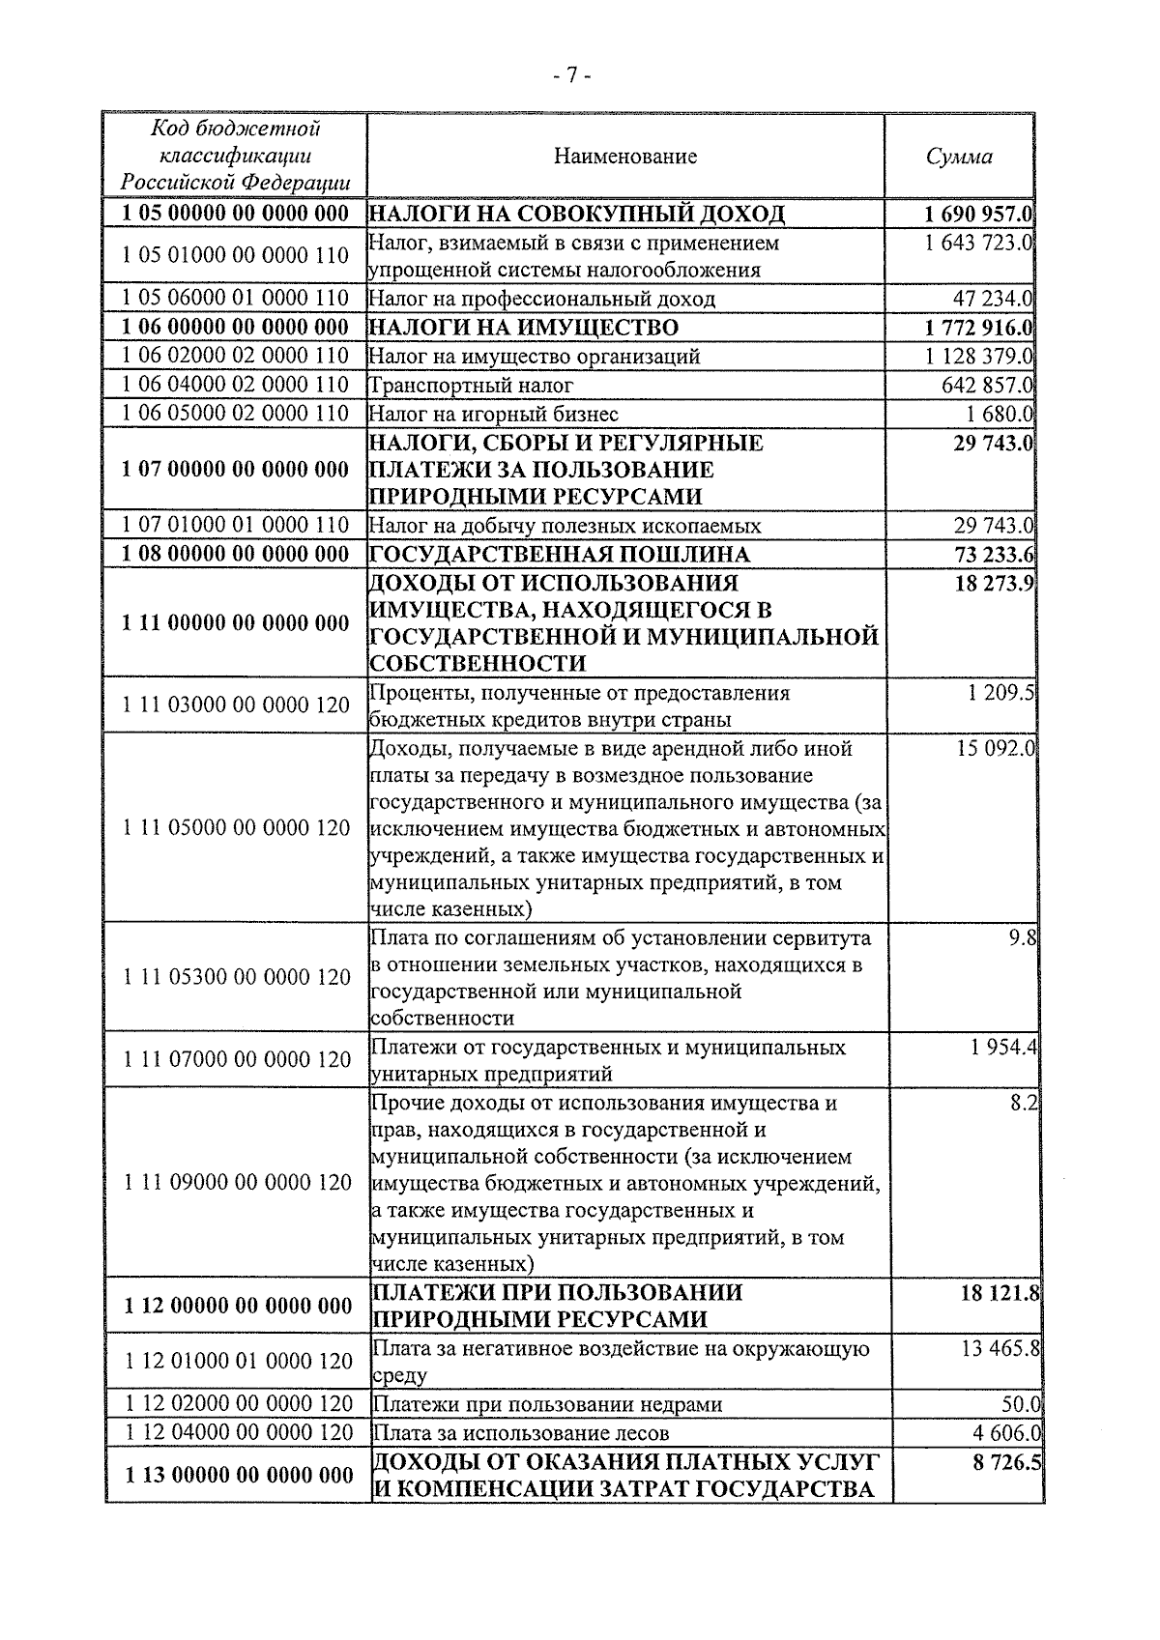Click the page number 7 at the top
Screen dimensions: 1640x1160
[x=571, y=75]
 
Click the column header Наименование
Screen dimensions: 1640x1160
[x=625, y=157]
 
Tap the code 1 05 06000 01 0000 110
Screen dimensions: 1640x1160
[x=236, y=299]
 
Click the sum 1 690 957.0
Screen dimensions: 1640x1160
[x=977, y=214]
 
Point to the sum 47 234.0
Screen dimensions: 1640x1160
[x=994, y=299]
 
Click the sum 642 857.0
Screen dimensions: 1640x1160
[x=987, y=386]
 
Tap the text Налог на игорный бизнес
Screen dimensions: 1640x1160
[x=494, y=415]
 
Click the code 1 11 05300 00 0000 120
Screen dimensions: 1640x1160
[x=237, y=977]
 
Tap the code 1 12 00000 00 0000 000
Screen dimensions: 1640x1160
[x=238, y=1307]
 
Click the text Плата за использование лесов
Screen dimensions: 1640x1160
[x=521, y=1433]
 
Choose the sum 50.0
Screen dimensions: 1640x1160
[x=1021, y=1404]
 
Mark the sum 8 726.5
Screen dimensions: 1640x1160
[x=1006, y=1463]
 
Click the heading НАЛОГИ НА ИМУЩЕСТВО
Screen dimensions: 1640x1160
[x=524, y=328]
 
